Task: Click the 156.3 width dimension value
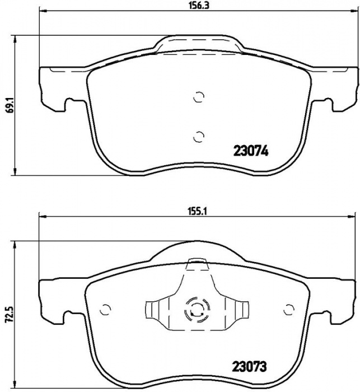(x=198, y=5)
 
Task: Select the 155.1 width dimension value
(x=198, y=212)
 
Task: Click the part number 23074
(x=251, y=151)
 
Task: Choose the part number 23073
(x=250, y=367)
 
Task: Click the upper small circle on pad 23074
(x=199, y=97)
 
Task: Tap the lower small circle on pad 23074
(x=199, y=137)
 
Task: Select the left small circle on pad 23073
(x=105, y=310)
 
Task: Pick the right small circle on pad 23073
(x=289, y=310)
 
